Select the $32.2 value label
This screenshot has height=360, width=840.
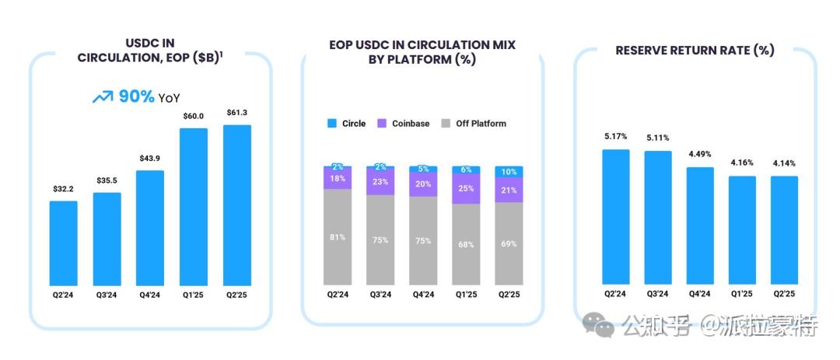(63, 189)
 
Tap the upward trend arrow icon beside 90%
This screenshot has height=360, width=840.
(102, 97)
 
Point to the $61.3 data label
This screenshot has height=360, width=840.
(237, 113)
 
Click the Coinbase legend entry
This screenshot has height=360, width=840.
(404, 124)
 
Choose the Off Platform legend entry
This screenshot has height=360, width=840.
(475, 124)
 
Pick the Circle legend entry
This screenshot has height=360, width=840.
(347, 124)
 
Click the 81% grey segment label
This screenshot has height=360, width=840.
(338, 238)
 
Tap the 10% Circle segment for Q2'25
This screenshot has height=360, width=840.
(509, 172)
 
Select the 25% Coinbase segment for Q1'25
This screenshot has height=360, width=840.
(466, 189)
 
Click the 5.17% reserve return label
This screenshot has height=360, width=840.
(615, 137)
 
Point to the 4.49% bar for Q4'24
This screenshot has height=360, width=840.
(700, 225)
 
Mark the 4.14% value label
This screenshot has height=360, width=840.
(784, 163)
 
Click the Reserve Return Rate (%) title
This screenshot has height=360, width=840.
(695, 51)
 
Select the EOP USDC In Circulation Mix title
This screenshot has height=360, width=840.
(422, 52)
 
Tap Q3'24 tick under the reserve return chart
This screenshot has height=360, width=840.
(657, 294)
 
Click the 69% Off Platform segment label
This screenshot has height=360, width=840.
(509, 244)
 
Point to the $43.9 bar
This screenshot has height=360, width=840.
(150, 228)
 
